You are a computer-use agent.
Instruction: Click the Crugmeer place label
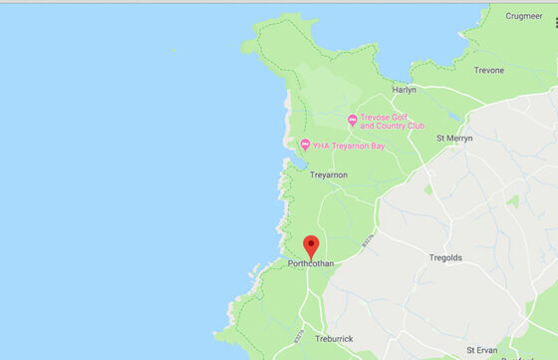pos(523,16)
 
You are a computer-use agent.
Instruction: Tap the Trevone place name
pos(488,71)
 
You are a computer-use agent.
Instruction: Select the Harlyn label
pos(405,90)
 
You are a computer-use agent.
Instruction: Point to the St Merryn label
pos(453,138)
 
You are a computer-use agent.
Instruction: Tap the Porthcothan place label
pos(310,263)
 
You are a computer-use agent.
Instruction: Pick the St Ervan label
pos(487,351)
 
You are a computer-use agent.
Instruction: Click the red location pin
pos(310,245)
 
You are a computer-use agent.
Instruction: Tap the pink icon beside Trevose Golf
pos(352,121)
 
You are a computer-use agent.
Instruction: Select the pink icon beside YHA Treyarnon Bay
pos(305,146)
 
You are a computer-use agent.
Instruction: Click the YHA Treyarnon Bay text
pos(348,146)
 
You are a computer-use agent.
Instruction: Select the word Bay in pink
pos(375,146)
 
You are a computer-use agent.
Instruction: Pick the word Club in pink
pos(415,127)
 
